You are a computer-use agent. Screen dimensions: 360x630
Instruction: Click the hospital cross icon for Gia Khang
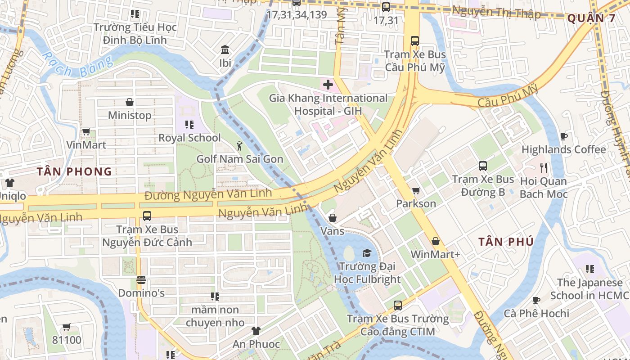[x=328, y=85]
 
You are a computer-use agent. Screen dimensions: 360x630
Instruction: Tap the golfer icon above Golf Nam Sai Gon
[x=239, y=146]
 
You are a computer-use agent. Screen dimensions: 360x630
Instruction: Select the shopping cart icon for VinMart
[x=86, y=132]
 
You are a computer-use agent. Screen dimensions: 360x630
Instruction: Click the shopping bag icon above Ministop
[x=130, y=102]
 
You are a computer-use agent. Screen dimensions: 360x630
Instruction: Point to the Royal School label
[x=189, y=138]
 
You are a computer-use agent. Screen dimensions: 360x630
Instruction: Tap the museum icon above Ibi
[x=225, y=49]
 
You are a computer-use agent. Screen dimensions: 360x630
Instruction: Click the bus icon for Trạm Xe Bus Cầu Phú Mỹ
[x=414, y=41]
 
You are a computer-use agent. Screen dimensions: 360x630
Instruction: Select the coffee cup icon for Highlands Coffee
[x=563, y=136]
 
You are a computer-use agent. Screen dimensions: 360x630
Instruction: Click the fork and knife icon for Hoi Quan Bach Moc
[x=544, y=168]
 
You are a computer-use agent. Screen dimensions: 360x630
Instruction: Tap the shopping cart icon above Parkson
[x=416, y=191]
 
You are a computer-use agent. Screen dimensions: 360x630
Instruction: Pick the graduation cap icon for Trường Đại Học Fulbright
[x=367, y=253]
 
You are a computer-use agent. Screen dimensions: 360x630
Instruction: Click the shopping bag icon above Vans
[x=332, y=218]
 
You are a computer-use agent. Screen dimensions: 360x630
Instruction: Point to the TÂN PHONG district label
[x=74, y=171]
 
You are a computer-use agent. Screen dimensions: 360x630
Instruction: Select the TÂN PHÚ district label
[x=506, y=242]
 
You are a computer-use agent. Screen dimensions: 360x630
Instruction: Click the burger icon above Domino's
[x=141, y=280]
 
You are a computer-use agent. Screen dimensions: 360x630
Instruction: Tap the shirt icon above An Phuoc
[x=256, y=331]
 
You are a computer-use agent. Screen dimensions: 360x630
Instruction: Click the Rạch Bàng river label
[x=76, y=65]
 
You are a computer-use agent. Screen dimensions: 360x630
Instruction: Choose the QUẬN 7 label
[x=591, y=18]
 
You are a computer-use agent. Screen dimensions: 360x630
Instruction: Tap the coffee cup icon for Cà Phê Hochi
[x=536, y=300]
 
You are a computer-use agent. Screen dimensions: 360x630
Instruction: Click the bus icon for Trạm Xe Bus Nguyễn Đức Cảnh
[x=147, y=216]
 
